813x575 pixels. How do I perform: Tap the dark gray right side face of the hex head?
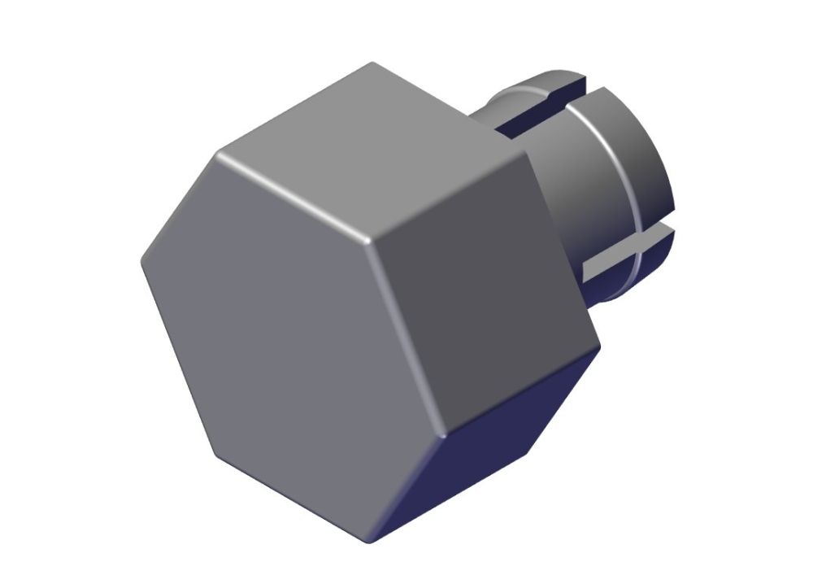480,268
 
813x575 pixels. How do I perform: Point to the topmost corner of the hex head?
372,63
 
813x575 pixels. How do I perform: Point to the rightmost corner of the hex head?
599,346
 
